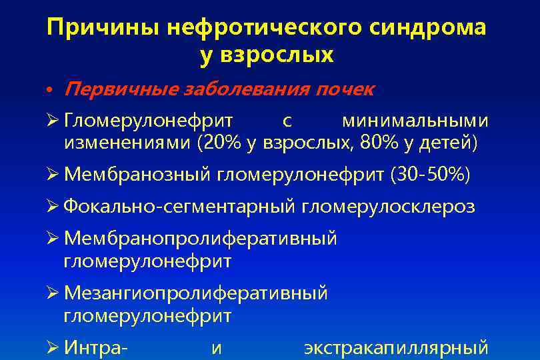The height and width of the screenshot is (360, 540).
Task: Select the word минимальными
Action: [415, 121]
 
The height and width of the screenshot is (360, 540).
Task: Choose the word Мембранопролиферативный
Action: [201, 239]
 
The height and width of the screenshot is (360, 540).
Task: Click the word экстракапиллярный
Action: [396, 347]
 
